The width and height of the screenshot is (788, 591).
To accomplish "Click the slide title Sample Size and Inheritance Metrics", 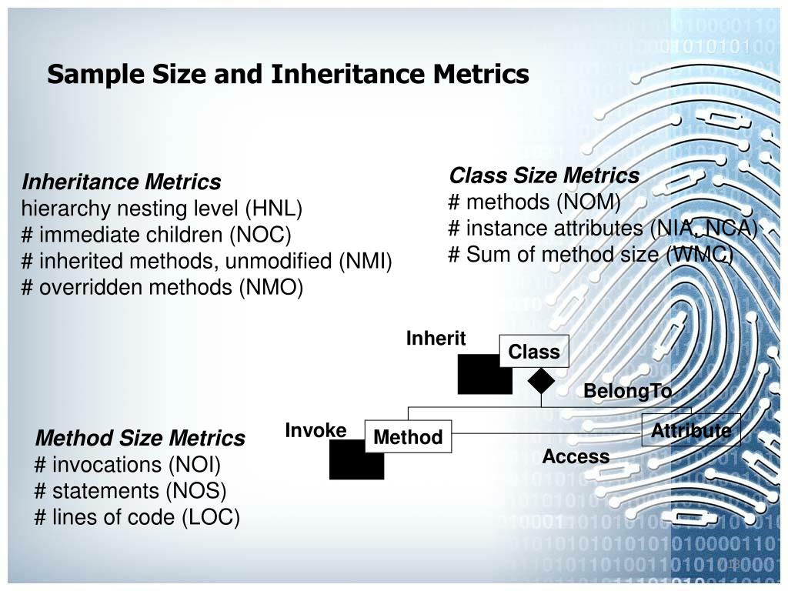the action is [x=288, y=75].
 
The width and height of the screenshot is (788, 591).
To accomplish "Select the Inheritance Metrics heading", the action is [x=122, y=182].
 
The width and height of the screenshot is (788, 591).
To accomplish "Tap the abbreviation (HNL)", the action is [x=274, y=209].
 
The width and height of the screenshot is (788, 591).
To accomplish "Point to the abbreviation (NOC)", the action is [x=264, y=235].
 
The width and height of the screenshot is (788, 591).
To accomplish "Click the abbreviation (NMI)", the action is [x=365, y=261].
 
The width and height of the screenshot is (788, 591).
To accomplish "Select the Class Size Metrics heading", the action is [x=544, y=176].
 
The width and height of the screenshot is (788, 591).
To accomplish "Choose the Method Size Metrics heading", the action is [x=140, y=439].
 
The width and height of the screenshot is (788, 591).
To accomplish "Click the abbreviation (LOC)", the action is [x=212, y=517].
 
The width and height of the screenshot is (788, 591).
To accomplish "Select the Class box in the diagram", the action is [x=534, y=352].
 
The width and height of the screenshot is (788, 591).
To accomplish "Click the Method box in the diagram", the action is [x=408, y=437].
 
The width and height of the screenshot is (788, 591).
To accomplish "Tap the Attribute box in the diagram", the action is [x=691, y=431].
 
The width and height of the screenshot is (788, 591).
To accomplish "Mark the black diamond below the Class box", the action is [x=541, y=381].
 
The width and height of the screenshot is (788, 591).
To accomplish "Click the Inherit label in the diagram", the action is [x=436, y=339].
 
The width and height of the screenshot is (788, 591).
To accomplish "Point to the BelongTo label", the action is [x=627, y=391].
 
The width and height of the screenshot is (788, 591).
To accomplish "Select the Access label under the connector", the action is [x=576, y=457].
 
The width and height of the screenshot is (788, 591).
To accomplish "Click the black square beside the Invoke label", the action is [x=356, y=460].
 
